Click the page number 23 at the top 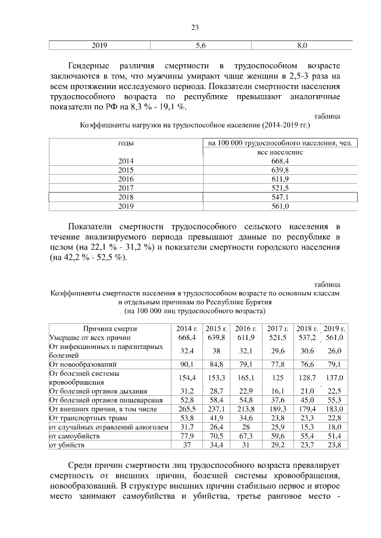[194, 27]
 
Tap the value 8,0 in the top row [302, 45]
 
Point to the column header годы [126, 143]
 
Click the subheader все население [280, 152]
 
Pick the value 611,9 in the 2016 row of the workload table [280, 179]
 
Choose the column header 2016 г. [245, 328]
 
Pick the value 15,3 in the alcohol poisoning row [307, 427]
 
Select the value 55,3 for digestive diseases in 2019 [335, 400]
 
